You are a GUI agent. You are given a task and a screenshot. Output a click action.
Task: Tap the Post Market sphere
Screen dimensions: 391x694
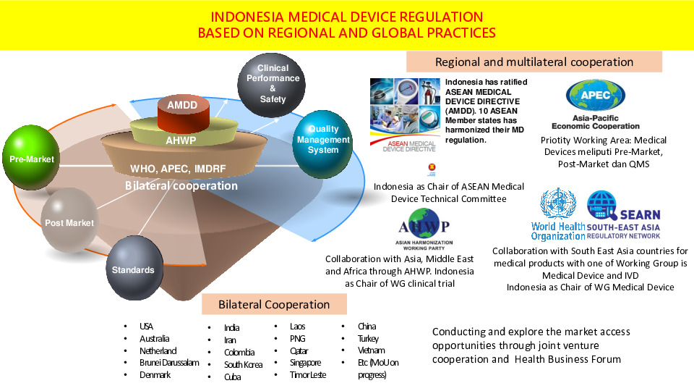pyautogui.click(x=69, y=219)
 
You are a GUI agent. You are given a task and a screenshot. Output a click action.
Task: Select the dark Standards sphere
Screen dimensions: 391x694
pyautogui.click(x=132, y=268)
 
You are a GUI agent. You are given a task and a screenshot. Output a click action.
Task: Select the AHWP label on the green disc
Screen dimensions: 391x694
pyautogui.click(x=181, y=140)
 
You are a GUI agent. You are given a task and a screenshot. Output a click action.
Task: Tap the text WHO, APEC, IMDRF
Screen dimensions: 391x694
pyautogui.click(x=178, y=169)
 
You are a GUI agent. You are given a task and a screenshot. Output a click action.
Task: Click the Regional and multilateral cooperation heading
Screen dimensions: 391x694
pyautogui.click(x=534, y=62)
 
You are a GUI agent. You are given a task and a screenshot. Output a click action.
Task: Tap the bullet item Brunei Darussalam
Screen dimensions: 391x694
pyautogui.click(x=169, y=362)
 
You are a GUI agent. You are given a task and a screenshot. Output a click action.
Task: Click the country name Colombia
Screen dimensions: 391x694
pyautogui.click(x=239, y=352)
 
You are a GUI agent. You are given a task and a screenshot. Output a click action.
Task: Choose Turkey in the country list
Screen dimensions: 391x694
pyautogui.click(x=368, y=338)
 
